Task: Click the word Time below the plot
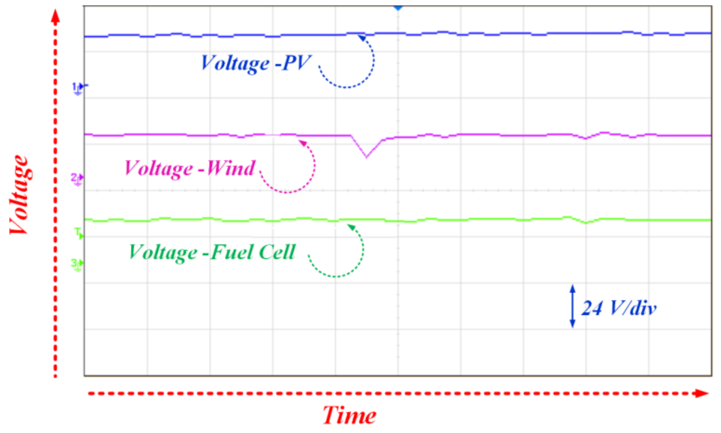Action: (349, 415)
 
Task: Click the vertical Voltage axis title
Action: (19, 195)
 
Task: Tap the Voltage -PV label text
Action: (256, 63)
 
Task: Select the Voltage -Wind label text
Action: (190, 169)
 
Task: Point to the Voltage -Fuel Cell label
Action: (212, 252)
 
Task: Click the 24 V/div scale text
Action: (619, 308)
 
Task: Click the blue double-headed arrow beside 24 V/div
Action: (572, 306)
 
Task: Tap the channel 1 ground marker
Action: (78, 88)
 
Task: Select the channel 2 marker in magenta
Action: (77, 179)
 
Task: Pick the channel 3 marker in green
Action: (77, 264)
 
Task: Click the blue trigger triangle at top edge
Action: (398, 8)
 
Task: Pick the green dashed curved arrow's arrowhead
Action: (351, 227)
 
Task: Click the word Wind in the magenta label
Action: (231, 168)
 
